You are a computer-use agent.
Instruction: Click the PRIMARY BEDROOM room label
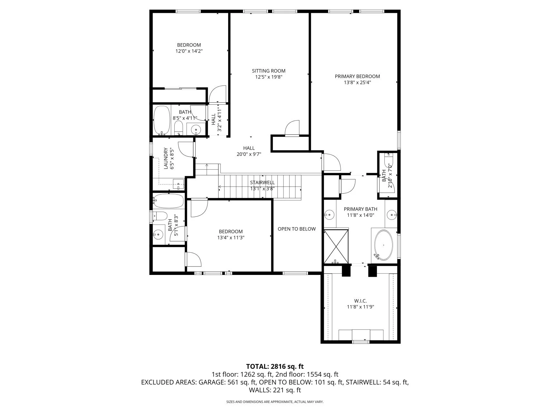[x=357, y=76]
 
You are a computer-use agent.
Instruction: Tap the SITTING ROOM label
[x=269, y=71]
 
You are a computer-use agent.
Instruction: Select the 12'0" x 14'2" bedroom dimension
[x=189, y=51]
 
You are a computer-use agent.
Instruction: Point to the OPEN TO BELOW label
[x=297, y=229]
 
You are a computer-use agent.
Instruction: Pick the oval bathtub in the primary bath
[x=383, y=245]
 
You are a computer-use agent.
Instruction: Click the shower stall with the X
[x=336, y=246]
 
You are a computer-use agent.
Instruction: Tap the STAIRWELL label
[x=263, y=183]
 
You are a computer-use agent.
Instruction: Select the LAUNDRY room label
[x=166, y=158]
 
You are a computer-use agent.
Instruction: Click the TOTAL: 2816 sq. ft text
[x=275, y=367]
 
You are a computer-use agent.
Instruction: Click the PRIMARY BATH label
[x=361, y=209]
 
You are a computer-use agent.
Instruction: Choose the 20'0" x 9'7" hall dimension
[x=249, y=154]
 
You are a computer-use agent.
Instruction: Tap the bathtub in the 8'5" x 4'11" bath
[x=162, y=120]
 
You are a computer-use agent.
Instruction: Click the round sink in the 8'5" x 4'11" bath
[x=196, y=130]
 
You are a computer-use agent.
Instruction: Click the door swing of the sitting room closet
[x=293, y=127]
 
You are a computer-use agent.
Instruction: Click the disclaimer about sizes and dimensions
[x=275, y=402]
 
